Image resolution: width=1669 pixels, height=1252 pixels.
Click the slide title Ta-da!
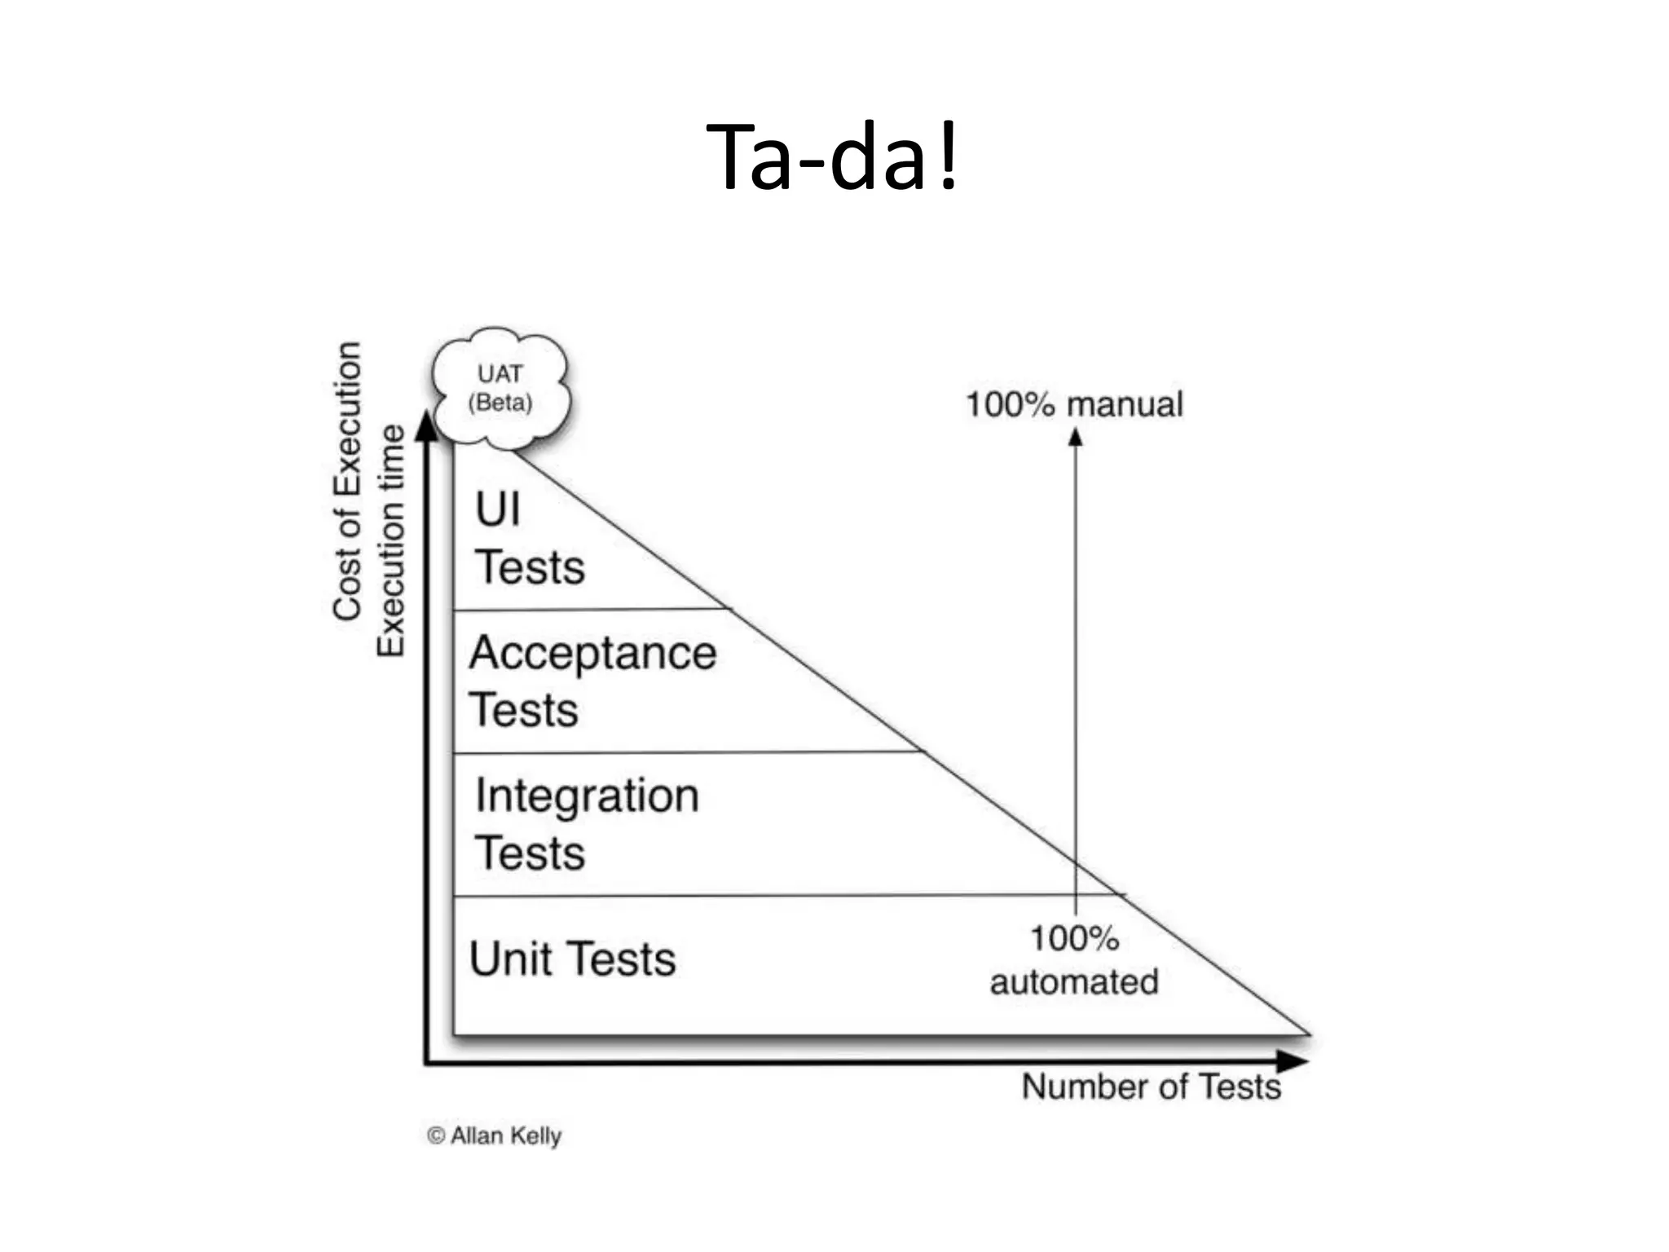point(833,156)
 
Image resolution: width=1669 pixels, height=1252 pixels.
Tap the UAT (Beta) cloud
point(500,388)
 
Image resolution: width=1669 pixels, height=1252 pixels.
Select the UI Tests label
point(530,538)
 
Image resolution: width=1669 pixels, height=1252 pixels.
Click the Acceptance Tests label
point(592,681)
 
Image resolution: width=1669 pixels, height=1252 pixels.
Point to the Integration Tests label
point(587,823)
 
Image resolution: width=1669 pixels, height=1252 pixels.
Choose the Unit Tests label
point(572,959)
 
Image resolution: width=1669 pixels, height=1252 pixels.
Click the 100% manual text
point(1074,405)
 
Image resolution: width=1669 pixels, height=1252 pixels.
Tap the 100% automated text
point(1074,960)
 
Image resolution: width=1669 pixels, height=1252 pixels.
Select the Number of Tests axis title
point(1151,1087)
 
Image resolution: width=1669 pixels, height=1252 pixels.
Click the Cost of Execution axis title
point(347,481)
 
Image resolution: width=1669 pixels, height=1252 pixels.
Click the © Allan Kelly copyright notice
point(495,1135)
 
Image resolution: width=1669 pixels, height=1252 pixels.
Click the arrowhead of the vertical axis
point(426,426)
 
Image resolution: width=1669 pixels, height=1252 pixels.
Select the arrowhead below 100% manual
point(1075,438)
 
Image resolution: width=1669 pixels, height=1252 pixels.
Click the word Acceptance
point(592,654)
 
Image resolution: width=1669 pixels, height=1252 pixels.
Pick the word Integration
point(587,796)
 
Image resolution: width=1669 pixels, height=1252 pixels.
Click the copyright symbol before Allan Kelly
point(436,1135)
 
